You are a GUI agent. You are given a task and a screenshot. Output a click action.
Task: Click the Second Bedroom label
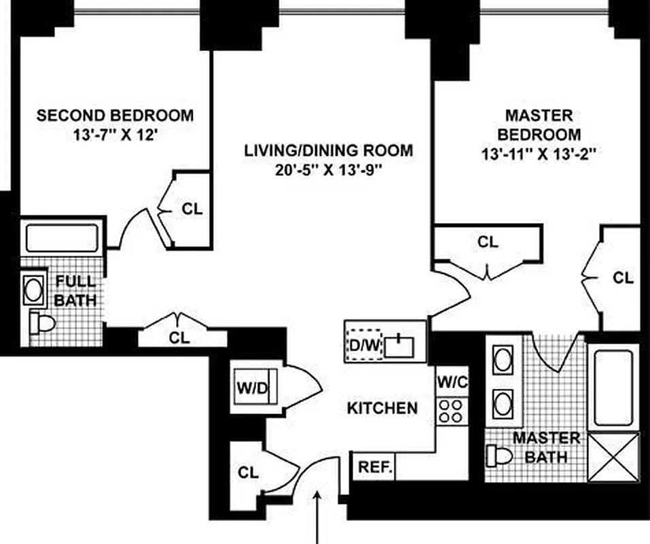pyautogui.click(x=115, y=115)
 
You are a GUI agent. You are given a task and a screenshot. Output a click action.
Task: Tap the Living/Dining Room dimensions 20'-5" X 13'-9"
pyautogui.click(x=329, y=170)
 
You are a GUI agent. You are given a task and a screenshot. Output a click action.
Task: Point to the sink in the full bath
pyautogui.click(x=33, y=289)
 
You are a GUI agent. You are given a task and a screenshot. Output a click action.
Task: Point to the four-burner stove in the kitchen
pyautogui.click(x=452, y=411)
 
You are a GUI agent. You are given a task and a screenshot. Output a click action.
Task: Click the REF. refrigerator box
pyautogui.click(x=373, y=468)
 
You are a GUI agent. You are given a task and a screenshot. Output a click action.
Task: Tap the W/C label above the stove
pyautogui.click(x=452, y=382)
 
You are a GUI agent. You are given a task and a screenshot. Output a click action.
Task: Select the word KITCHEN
pyautogui.click(x=382, y=408)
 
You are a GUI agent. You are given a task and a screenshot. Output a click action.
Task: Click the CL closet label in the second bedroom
pyautogui.click(x=192, y=209)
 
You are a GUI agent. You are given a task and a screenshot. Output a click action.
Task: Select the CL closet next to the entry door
pyautogui.click(x=249, y=473)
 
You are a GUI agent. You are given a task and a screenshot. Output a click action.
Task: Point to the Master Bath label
pyautogui.click(x=546, y=447)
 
